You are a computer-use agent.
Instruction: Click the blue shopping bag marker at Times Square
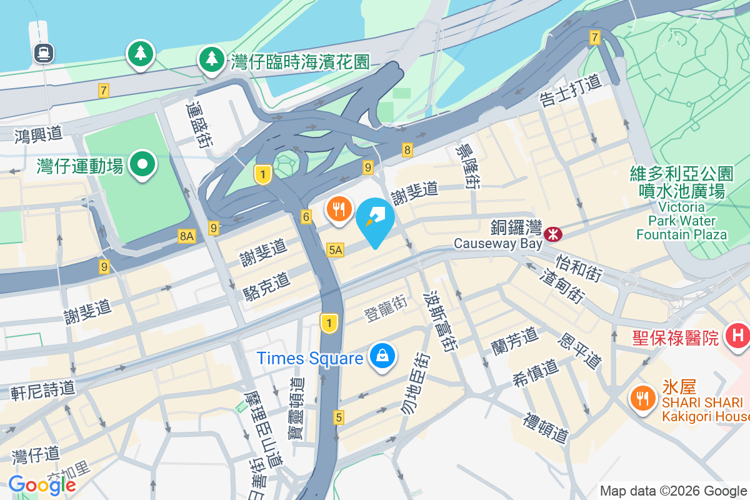click(380, 357)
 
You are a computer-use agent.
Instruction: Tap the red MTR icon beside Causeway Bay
click(552, 234)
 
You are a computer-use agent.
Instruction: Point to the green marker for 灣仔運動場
click(142, 165)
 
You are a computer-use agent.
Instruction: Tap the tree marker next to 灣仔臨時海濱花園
click(212, 59)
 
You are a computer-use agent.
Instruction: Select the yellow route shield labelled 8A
click(187, 236)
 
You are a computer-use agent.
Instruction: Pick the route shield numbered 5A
click(335, 250)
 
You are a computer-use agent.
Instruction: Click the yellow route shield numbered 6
click(306, 217)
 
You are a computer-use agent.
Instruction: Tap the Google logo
click(42, 484)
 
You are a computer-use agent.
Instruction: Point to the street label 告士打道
click(570, 91)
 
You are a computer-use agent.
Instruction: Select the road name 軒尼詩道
click(42, 390)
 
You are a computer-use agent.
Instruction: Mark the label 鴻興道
click(39, 133)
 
